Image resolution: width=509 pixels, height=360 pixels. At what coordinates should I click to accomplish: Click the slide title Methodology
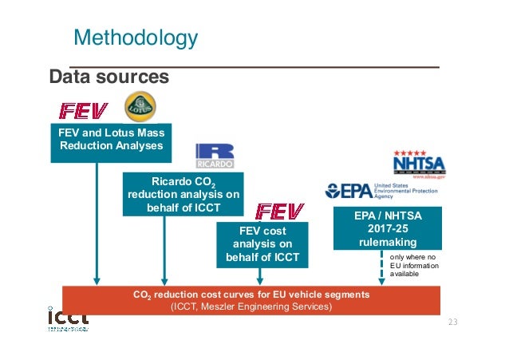[135, 37]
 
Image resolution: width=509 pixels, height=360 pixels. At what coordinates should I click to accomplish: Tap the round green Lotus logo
[141, 107]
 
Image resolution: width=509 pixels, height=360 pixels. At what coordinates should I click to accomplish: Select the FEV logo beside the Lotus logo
[84, 109]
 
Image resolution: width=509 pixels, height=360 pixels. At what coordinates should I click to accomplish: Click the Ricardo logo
[214, 156]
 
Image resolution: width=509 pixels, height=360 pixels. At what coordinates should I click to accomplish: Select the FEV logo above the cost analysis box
[278, 211]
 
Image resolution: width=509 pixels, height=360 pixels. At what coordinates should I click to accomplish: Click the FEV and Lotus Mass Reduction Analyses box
[111, 140]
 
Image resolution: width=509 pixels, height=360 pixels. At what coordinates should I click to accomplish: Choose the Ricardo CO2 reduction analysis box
[183, 194]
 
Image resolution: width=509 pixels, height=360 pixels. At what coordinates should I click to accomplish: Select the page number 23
[454, 322]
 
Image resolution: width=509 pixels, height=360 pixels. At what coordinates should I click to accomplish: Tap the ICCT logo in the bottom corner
[67, 318]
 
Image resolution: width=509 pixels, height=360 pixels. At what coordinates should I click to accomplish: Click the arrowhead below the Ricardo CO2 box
[164, 280]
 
